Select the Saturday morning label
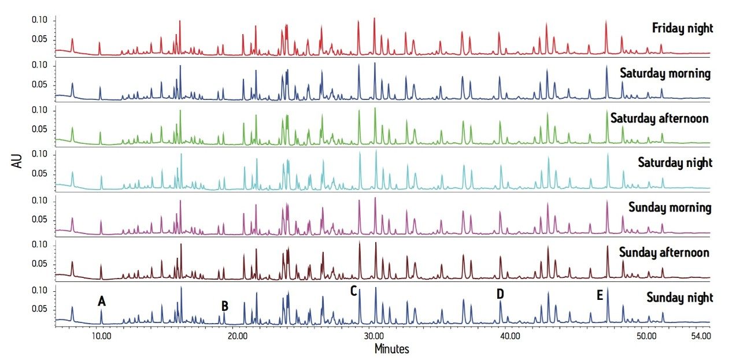point(665,73)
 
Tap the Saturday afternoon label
point(659,118)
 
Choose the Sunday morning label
point(669,207)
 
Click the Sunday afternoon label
point(664,253)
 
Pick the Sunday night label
point(679,298)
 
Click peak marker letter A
point(102,301)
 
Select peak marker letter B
point(225,306)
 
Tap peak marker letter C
point(353,291)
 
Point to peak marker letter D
point(500,294)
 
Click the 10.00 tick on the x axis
point(101,337)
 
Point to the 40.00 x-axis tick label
point(508,337)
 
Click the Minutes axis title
point(391,349)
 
